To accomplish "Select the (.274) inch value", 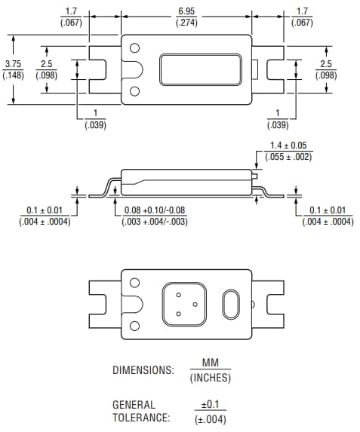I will (186, 23).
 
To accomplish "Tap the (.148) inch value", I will (13, 75).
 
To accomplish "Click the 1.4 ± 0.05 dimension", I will (291, 146).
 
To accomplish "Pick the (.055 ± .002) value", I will (291, 157).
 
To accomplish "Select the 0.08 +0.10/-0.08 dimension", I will (155, 210).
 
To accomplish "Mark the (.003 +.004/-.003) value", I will (155, 222).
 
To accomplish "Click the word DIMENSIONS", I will (143, 370).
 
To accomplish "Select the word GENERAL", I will (134, 405).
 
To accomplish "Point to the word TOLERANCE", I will (141, 418).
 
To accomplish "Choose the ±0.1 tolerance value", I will (210, 405).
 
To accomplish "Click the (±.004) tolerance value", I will (210, 419).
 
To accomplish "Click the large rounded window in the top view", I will (198, 70).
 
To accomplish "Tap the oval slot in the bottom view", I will (231, 305).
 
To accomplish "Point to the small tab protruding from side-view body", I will (255, 176).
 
